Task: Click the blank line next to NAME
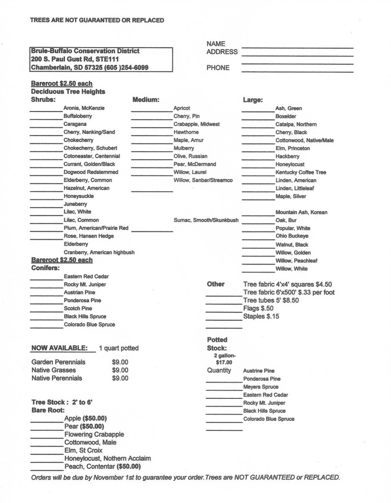tap(297, 47)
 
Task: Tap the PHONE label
tap(218, 68)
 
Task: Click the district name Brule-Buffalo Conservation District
tap(84, 51)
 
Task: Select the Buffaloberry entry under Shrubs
tap(78, 116)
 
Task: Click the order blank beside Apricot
tap(151, 111)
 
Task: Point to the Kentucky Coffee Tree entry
tap(301, 172)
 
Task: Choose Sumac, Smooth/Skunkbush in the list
tap(206, 220)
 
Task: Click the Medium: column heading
tap(146, 99)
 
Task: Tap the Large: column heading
tap(253, 99)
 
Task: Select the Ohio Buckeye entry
tap(292, 236)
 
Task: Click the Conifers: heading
tap(46, 268)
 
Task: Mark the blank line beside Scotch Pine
tap(46, 311)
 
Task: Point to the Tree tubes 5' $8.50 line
tap(271, 300)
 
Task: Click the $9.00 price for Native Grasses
tap(120, 370)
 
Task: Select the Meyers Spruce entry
tap(261, 387)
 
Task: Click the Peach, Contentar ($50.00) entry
tap(102, 466)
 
